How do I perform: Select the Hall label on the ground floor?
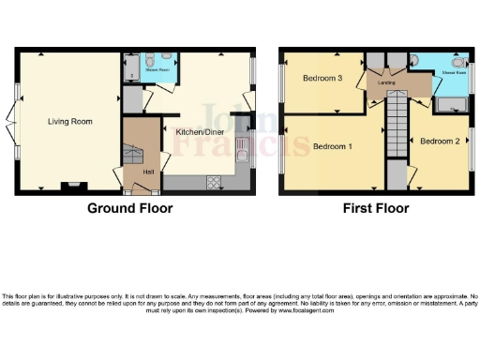click(x=148, y=172)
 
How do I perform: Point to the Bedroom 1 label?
click(x=332, y=147)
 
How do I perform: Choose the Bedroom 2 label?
click(x=439, y=142)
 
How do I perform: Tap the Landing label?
click(x=388, y=83)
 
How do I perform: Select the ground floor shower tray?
click(x=129, y=68)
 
